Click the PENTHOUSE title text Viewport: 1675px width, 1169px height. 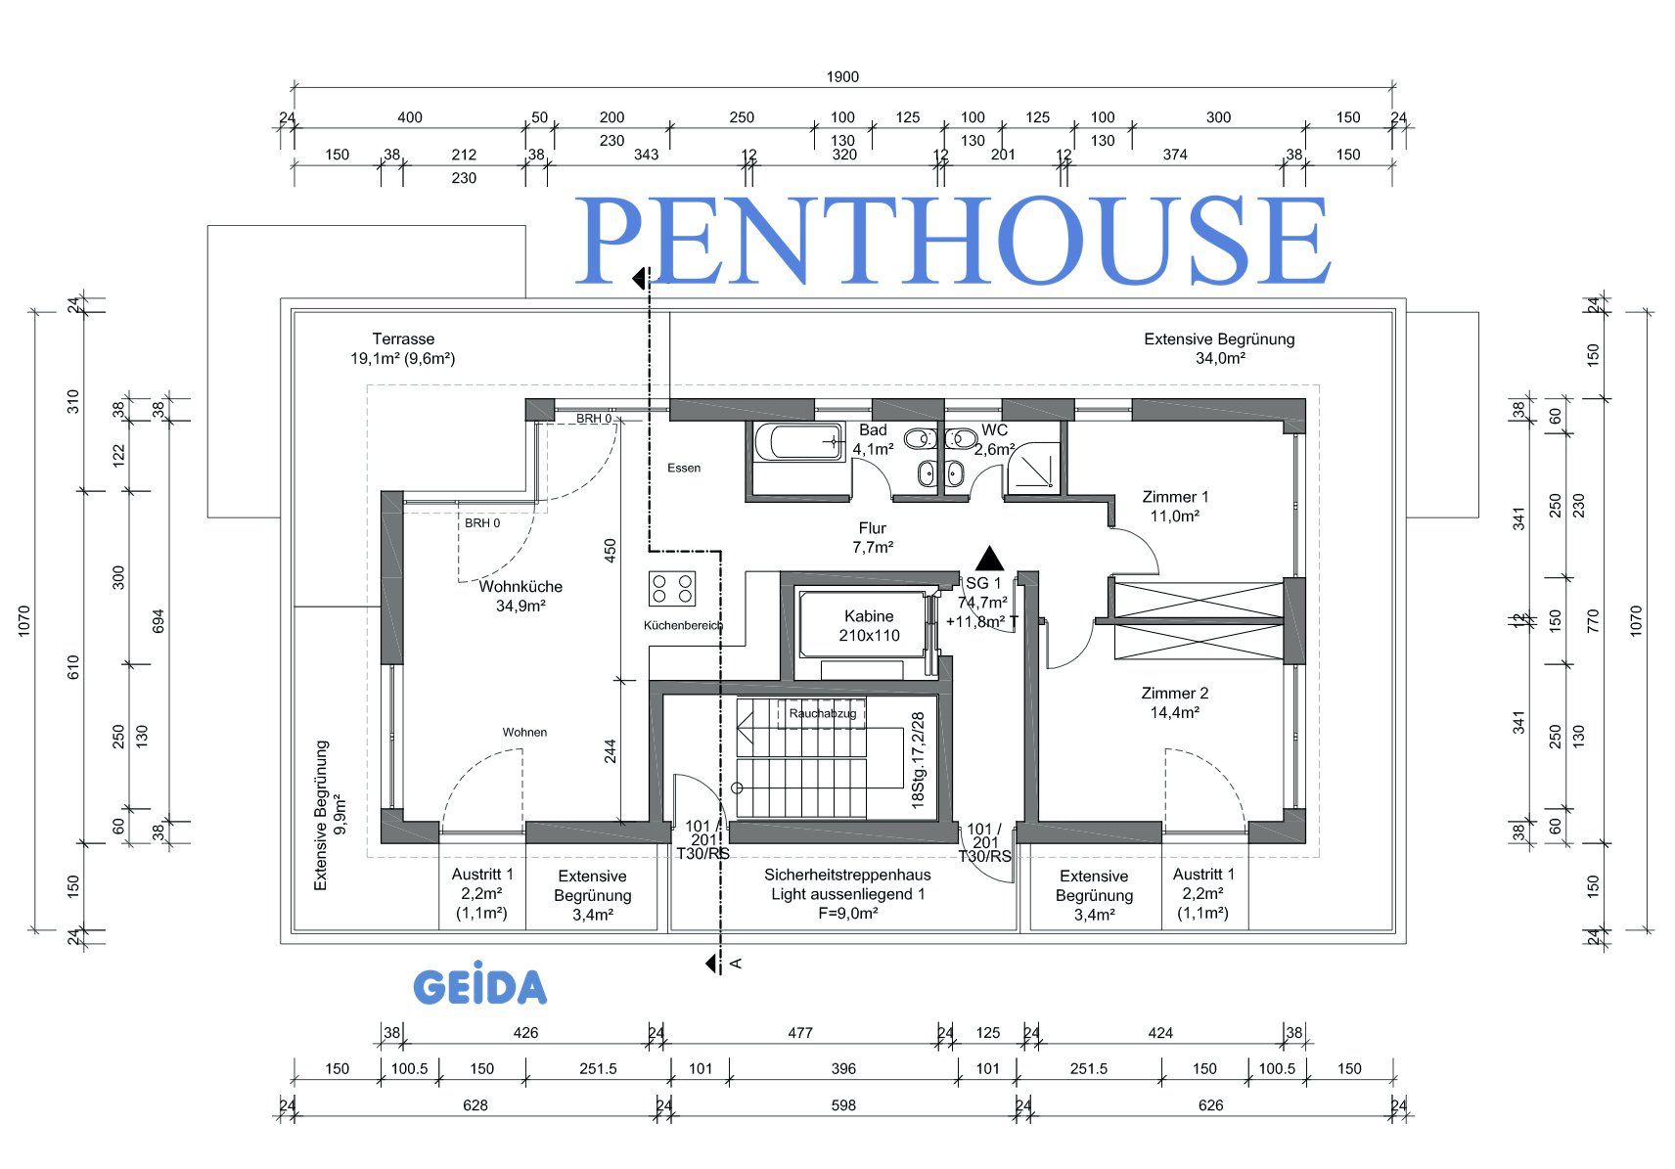coord(953,240)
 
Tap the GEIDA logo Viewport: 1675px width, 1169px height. coord(479,988)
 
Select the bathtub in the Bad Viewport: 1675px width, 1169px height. coord(798,443)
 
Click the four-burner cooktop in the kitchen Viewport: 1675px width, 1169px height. coord(672,589)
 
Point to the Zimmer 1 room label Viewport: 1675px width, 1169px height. coord(1175,506)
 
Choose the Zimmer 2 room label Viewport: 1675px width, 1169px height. coord(1174,702)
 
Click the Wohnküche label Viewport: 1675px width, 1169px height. coord(521,596)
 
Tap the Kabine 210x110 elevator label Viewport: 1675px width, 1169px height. coord(869,625)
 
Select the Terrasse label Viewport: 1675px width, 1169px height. coord(403,348)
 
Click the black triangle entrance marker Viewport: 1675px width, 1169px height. coord(990,559)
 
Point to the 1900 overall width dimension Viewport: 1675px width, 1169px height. coord(842,77)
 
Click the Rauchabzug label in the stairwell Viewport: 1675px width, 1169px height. coord(823,714)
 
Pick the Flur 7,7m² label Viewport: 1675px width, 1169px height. coord(872,537)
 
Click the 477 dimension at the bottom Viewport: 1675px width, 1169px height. coord(800,1032)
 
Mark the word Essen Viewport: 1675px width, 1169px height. coord(684,468)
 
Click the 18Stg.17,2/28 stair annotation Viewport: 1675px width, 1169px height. coord(918,758)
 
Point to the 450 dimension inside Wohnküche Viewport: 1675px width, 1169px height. coord(611,552)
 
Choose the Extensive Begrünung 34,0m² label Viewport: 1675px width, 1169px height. coord(1219,348)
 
